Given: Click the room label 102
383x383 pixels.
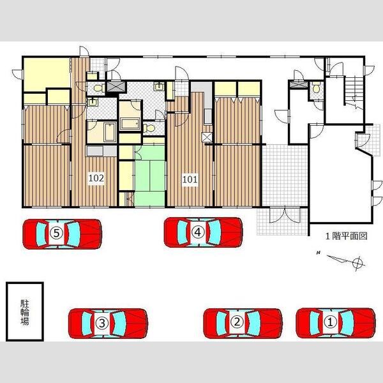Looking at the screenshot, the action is pyautogui.click(x=96, y=178).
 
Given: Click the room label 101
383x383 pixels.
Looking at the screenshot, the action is pyautogui.click(x=190, y=179).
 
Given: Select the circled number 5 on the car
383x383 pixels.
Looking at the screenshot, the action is pyautogui.click(x=56, y=233).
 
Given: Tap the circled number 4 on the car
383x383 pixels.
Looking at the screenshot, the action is pyautogui.click(x=198, y=232).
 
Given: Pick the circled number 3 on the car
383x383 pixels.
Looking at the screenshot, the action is pyautogui.click(x=102, y=323).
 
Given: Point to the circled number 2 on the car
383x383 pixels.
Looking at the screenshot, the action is pyautogui.click(x=237, y=322).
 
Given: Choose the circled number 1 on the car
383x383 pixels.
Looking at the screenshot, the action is pyautogui.click(x=330, y=322).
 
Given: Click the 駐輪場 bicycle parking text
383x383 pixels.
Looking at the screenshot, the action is pyautogui.click(x=25, y=312).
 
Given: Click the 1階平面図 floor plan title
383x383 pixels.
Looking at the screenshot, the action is pyautogui.click(x=347, y=236).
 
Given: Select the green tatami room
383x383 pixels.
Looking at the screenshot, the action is pyautogui.click(x=149, y=176).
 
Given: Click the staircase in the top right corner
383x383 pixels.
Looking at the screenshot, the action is pyautogui.click(x=354, y=91).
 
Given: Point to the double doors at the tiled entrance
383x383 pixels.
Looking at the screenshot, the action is pyautogui.click(x=285, y=215).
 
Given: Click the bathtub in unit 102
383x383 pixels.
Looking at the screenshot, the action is pyautogui.click(x=110, y=132).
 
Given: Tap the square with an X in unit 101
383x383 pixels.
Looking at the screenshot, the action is pyautogui.click(x=207, y=137).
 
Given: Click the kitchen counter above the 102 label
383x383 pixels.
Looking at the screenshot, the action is pyautogui.click(x=101, y=151).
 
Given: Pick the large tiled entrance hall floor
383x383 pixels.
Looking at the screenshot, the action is pyautogui.click(x=285, y=176).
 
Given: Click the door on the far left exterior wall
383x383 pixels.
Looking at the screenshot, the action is pyautogui.click(x=18, y=74).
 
